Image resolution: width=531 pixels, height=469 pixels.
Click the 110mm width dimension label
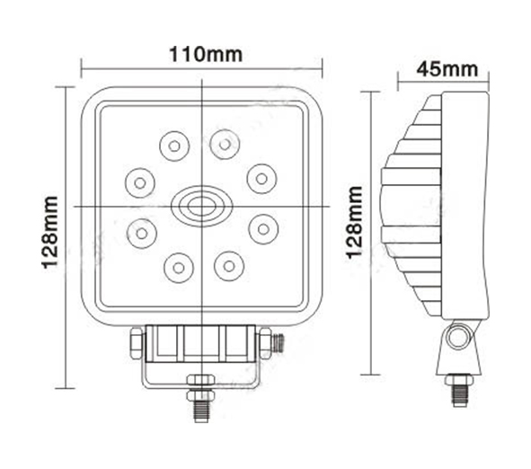coord(206,54)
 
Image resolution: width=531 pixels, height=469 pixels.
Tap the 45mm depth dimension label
coord(447,69)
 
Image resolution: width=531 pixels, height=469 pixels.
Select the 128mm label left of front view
coord(49,233)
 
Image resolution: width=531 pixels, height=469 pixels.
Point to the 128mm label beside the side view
coord(355,223)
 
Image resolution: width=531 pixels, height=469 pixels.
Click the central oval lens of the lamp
coord(202,206)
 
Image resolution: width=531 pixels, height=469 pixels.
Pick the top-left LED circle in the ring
coord(174,146)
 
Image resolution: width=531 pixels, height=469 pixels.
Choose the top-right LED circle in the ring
coord(225,145)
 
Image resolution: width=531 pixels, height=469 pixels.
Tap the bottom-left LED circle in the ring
coord(179,268)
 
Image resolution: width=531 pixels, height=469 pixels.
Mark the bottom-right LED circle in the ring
coord(229,266)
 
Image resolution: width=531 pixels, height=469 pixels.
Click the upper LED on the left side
coord(140,183)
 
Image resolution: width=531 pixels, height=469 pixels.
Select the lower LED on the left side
coord(142,233)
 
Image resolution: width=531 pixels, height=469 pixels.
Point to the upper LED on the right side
coord(261,179)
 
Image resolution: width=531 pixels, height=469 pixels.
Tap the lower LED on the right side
coord(263,229)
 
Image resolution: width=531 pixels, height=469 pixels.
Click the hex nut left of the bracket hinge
coord(137,343)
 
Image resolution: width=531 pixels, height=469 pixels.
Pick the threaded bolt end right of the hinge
coord(279,342)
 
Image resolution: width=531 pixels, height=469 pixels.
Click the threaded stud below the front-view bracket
coord(200,411)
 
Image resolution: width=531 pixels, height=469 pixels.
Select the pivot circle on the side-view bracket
coord(459,337)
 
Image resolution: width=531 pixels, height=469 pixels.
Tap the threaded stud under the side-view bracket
coord(459,395)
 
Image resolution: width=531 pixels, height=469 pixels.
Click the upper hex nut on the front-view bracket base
coord(201,380)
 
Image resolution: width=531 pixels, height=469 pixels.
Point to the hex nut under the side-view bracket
coord(459,380)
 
